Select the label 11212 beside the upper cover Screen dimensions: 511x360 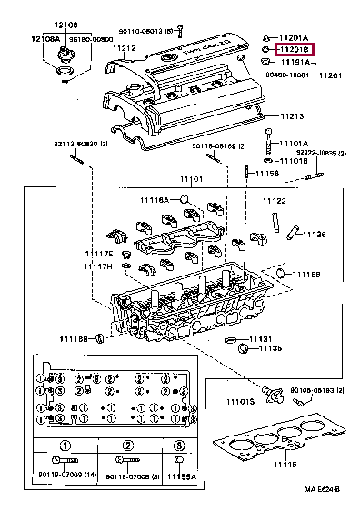(125, 48)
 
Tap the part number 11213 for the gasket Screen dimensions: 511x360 (292, 117)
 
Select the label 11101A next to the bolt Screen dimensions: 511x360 (293, 144)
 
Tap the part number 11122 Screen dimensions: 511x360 (275, 201)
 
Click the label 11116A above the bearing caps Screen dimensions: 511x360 (155, 199)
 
